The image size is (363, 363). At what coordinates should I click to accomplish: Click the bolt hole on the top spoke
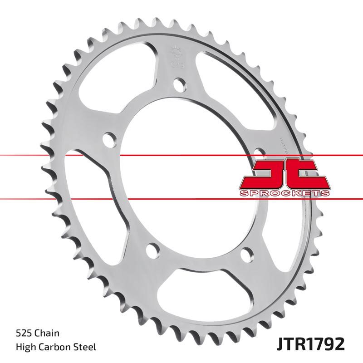click(180, 84)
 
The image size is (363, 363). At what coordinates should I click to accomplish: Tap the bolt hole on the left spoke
click(108, 138)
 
